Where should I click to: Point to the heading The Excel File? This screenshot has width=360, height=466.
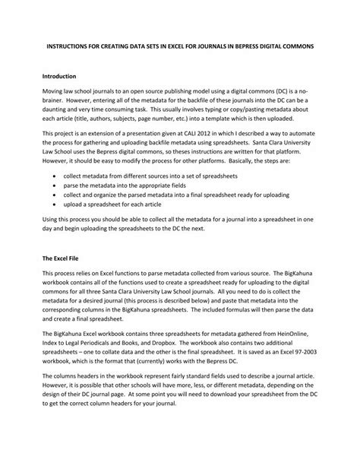pyautogui.click(x=62, y=258)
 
